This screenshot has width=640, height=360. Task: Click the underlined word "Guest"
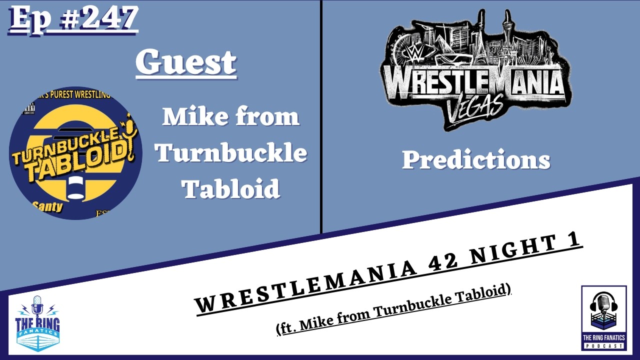pos(186,62)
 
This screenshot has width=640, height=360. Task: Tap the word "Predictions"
pos(475,160)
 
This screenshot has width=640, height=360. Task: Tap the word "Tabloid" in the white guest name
pos(230,188)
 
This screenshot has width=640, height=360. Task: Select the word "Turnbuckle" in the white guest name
pos(230,152)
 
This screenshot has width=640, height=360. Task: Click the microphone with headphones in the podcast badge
pos(603,305)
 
